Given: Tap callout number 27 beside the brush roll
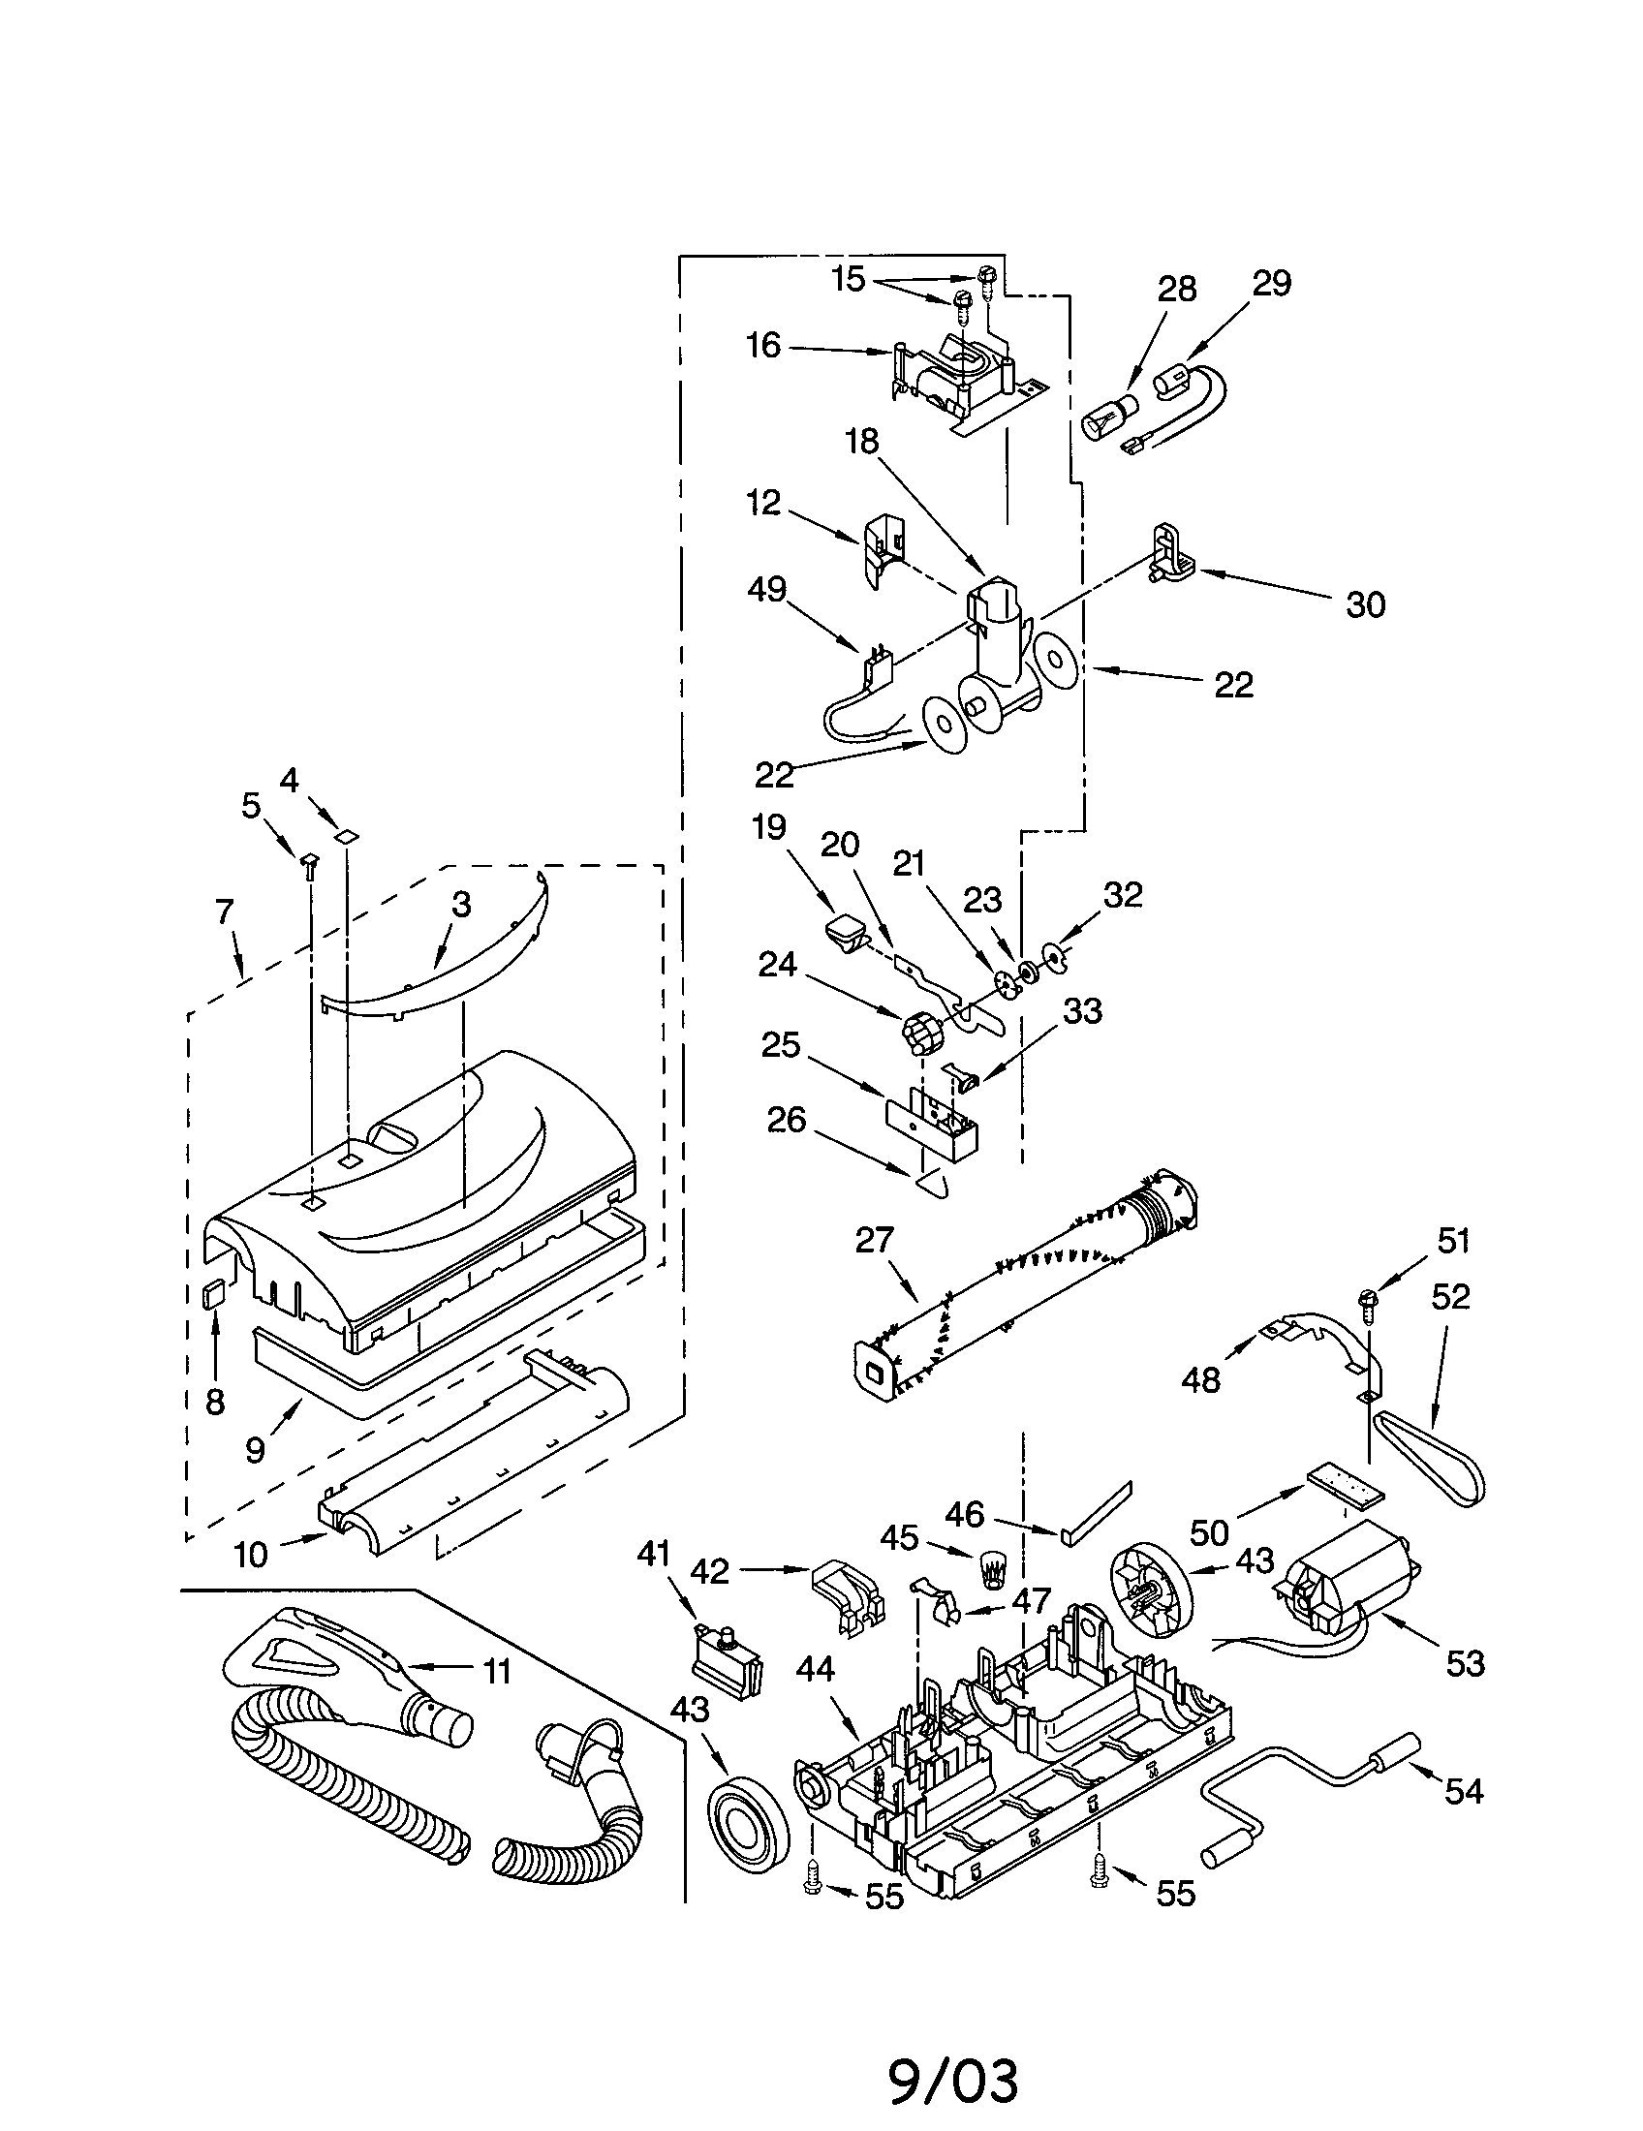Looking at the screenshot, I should (874, 1240).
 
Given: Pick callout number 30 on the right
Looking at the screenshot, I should (1365, 605).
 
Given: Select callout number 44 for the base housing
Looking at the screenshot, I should (815, 1670).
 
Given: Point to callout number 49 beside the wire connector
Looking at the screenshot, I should (767, 589).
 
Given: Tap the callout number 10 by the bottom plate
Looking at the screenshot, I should (250, 1554).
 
